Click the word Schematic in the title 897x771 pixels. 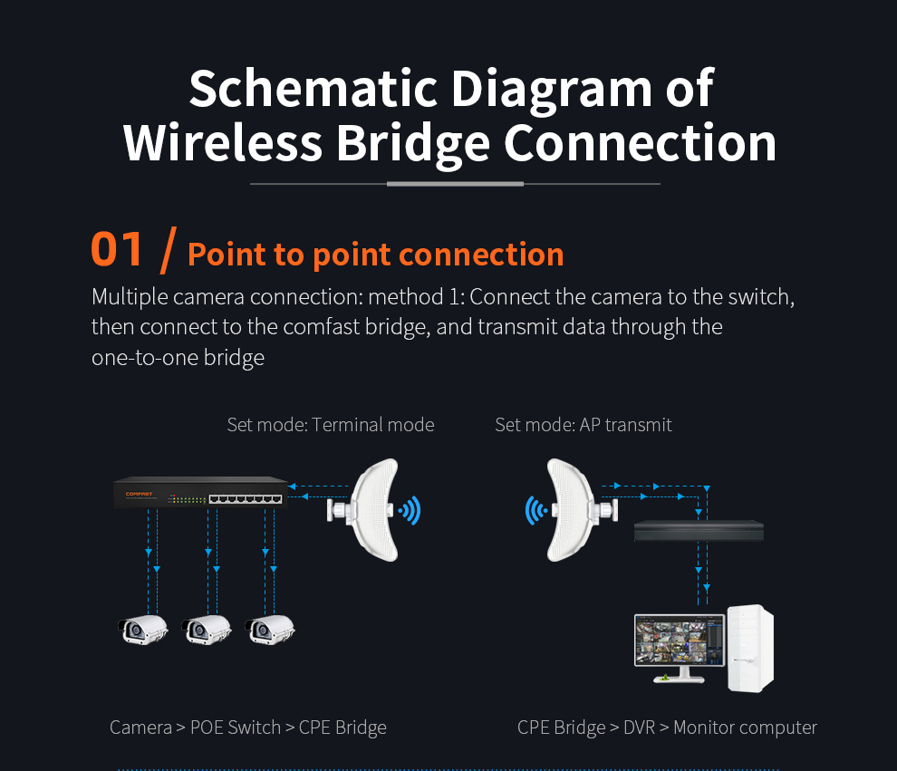coord(313,88)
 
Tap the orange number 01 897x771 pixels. coord(117,249)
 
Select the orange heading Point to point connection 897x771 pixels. coord(375,255)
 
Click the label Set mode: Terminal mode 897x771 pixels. coord(331,425)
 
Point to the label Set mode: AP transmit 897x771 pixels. coord(583,425)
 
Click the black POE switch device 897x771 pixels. coord(201,492)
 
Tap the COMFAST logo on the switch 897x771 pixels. coord(139,494)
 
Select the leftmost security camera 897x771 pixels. coord(143,630)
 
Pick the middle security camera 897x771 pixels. coord(207,630)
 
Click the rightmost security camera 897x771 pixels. coord(270,630)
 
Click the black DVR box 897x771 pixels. coord(699,530)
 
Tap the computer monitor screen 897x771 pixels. coord(680,640)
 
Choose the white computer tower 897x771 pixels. coord(750,648)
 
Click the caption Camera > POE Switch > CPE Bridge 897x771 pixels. coord(248,728)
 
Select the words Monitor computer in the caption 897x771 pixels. coord(745,728)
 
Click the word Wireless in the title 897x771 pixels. coord(223,143)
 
